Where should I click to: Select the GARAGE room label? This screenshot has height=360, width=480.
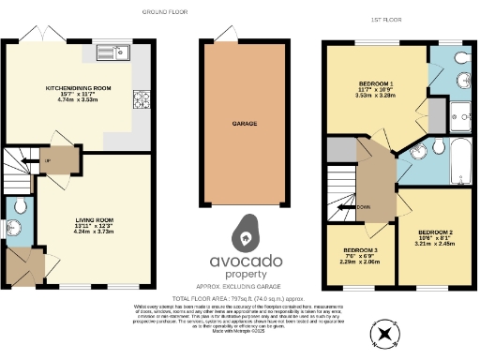[x=245, y=122]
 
